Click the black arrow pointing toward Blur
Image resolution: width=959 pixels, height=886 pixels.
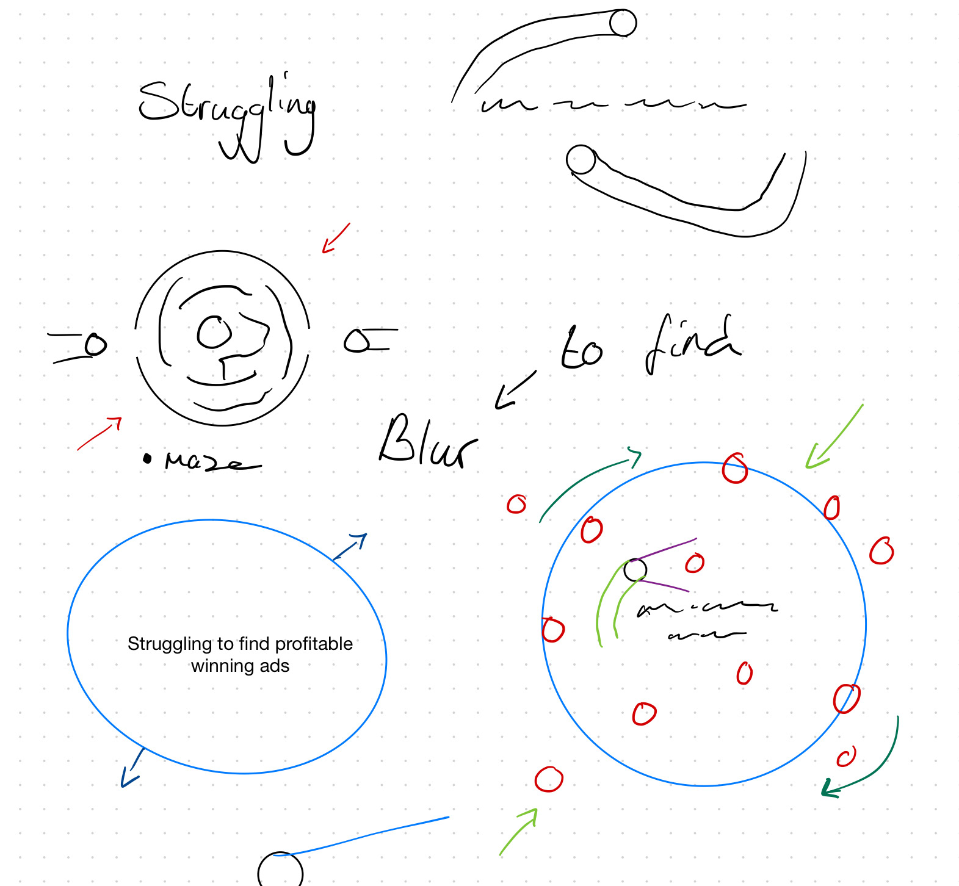pyautogui.click(x=514, y=391)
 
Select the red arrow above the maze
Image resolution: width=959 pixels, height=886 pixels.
pyautogui.click(x=336, y=238)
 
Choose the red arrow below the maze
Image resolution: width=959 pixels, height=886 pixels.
pyautogui.click(x=100, y=433)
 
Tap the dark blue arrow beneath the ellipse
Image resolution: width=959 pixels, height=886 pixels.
pyautogui.click(x=132, y=769)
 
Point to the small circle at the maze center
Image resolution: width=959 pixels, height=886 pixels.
pyautogui.click(x=214, y=332)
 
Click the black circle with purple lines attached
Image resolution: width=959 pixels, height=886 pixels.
pyautogui.click(x=635, y=570)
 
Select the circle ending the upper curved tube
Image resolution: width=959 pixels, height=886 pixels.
pyautogui.click(x=623, y=23)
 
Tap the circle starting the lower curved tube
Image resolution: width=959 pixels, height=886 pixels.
pyautogui.click(x=581, y=159)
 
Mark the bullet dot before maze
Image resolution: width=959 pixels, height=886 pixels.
pyautogui.click(x=147, y=459)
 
